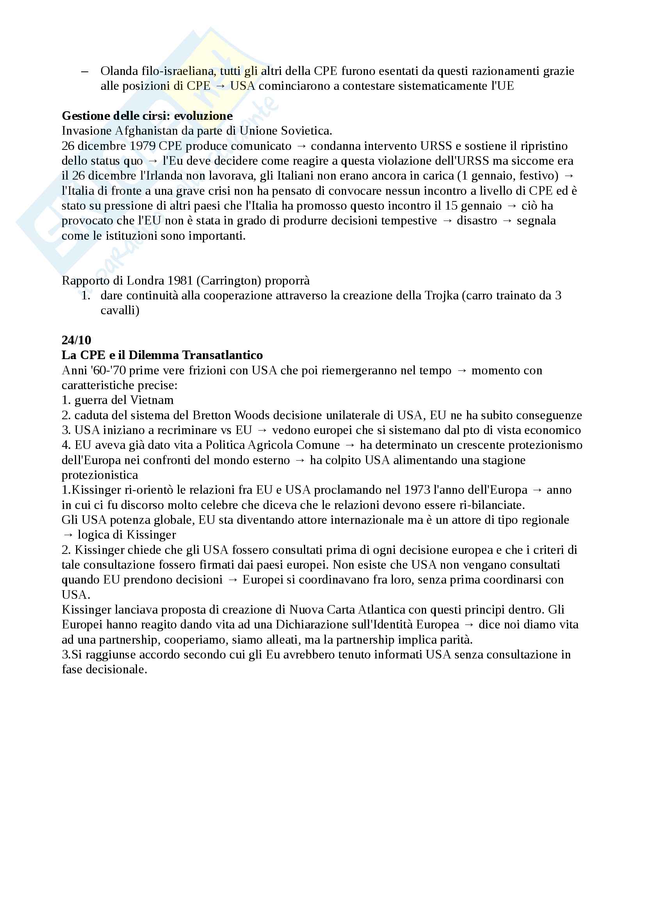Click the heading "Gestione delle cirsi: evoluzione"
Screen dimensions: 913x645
(x=147, y=116)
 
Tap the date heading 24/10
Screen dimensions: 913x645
(x=76, y=340)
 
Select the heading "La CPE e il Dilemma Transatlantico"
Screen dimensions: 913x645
(x=162, y=355)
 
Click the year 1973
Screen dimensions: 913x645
(x=417, y=490)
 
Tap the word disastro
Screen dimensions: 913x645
(x=476, y=221)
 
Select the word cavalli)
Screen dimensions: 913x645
(x=120, y=311)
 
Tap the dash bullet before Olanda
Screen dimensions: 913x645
(x=85, y=71)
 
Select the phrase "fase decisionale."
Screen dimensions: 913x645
(x=104, y=670)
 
